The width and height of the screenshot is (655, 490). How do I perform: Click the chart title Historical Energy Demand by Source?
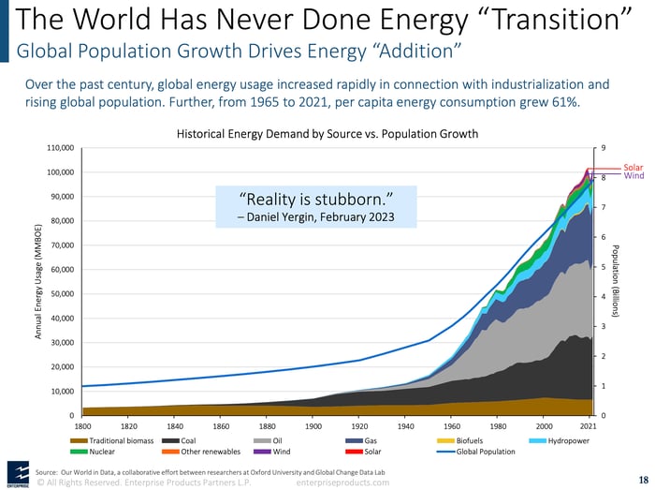(x=327, y=134)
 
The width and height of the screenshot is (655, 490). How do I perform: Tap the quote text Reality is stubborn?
(x=315, y=199)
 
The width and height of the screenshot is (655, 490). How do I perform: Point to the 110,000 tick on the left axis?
(x=61, y=148)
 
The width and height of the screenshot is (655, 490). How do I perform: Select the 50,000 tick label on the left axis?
(x=63, y=294)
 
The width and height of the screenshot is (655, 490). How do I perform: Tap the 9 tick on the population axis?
(x=603, y=148)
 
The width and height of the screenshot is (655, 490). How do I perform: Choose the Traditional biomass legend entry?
(x=115, y=439)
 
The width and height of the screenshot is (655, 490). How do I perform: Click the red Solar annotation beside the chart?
(x=633, y=168)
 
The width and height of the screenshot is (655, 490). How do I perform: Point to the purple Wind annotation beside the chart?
(x=633, y=176)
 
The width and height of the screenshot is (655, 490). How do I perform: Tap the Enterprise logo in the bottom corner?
(x=17, y=473)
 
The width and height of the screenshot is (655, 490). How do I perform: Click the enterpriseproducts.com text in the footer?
(x=342, y=482)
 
